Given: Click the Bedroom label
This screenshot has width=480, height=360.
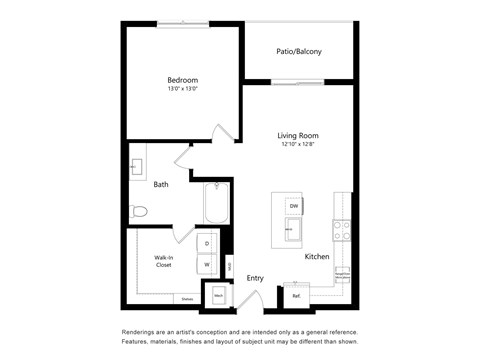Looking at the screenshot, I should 182,80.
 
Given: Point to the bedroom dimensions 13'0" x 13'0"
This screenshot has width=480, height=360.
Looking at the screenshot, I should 182,89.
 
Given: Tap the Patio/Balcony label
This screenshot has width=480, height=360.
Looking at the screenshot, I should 299,51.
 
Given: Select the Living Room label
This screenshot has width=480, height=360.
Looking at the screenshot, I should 297,135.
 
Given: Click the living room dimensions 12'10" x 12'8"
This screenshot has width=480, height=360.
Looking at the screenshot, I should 297,144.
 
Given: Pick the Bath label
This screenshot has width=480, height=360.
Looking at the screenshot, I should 160,184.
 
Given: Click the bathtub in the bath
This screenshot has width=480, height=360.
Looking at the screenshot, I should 216,204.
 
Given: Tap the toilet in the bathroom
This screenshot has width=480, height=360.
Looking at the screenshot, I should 139,211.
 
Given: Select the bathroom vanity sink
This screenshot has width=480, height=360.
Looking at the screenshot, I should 137,167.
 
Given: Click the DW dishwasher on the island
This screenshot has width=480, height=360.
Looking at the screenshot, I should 293,206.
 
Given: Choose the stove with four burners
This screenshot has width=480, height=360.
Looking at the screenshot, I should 341,232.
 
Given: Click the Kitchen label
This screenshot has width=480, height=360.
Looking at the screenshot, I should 317,257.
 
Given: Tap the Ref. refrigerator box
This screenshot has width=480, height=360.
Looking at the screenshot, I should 297,295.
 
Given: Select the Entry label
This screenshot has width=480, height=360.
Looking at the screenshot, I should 255,278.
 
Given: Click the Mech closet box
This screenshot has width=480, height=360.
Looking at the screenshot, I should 218,296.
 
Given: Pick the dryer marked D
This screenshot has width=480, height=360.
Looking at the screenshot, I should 208,243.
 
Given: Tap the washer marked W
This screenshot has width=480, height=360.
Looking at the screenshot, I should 208,265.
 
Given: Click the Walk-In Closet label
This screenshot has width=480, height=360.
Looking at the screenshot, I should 163,262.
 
